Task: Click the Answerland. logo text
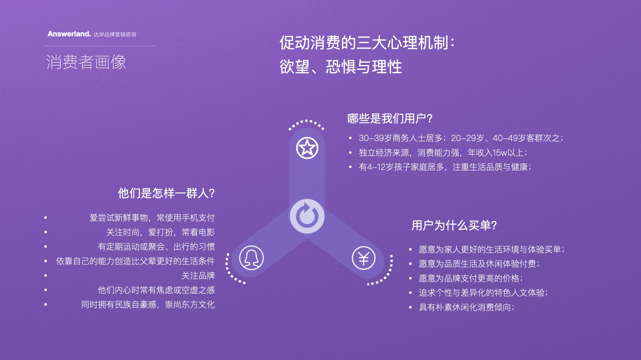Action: click(x=69, y=34)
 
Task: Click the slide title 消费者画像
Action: click(x=86, y=62)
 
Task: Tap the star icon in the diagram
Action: click(x=307, y=148)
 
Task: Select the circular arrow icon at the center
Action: click(x=307, y=216)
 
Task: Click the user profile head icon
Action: click(x=251, y=258)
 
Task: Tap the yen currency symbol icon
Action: click(x=364, y=258)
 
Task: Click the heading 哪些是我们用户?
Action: click(x=390, y=119)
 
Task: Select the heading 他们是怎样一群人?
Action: click(x=166, y=193)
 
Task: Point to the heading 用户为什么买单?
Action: click(x=454, y=225)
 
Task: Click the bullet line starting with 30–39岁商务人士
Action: click(x=461, y=138)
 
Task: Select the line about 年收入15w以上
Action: click(x=443, y=152)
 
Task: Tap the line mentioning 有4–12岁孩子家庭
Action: click(x=445, y=167)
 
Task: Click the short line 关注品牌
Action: click(x=198, y=276)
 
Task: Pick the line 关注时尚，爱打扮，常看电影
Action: click(x=160, y=232)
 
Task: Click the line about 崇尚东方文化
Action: click(x=148, y=304)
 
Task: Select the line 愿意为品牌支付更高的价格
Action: click(x=471, y=278)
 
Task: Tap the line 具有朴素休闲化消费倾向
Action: click(x=466, y=307)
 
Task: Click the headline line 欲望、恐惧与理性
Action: click(x=341, y=67)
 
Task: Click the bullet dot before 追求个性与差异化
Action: click(x=410, y=293)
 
